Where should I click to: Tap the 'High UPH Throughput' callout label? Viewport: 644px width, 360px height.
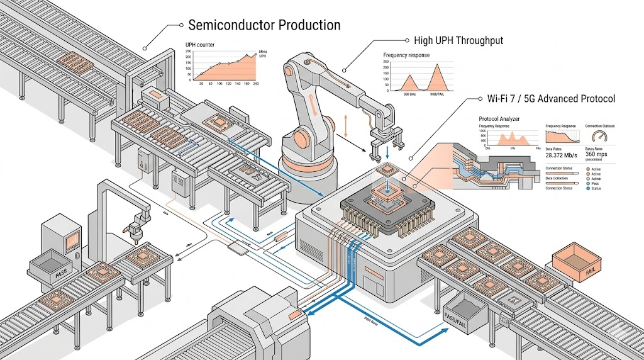click(x=458, y=41)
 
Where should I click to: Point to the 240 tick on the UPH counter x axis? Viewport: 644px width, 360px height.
click(x=256, y=84)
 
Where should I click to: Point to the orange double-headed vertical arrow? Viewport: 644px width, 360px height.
click(x=344, y=126)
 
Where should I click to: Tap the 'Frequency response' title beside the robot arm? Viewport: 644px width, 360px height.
click(x=407, y=55)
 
